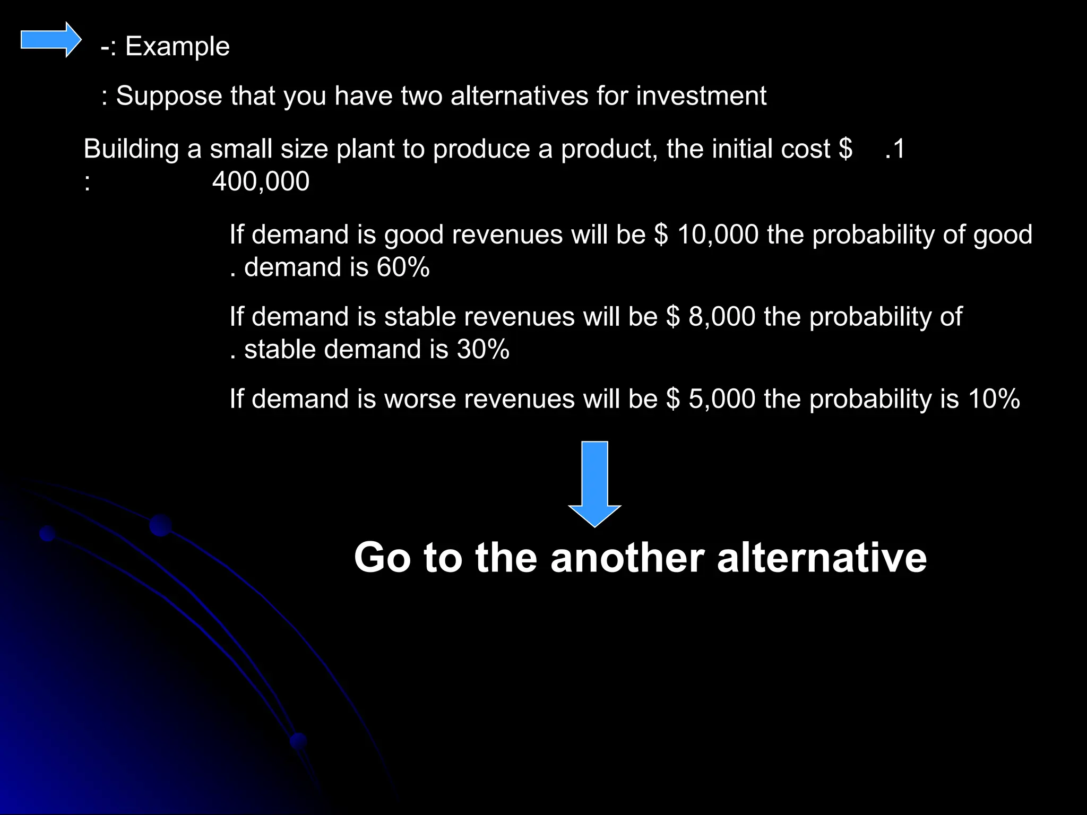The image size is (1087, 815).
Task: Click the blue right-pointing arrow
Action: click(x=51, y=40)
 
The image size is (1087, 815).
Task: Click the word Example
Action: click(x=177, y=46)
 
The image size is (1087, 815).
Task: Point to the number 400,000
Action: click(x=261, y=181)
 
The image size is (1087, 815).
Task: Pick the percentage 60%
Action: click(x=403, y=267)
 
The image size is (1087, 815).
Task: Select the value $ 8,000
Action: click(x=711, y=317)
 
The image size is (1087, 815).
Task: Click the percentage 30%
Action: click(x=483, y=350)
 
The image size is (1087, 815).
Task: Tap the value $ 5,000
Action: click(x=711, y=399)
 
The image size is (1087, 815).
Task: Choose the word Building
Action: click(x=131, y=150)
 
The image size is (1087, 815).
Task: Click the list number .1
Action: click(x=895, y=149)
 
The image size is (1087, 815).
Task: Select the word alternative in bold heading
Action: click(x=822, y=558)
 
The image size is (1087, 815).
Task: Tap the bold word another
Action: click(x=627, y=558)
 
